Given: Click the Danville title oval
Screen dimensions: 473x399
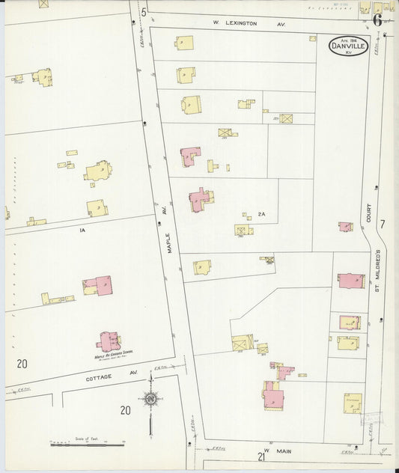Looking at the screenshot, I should (348, 46).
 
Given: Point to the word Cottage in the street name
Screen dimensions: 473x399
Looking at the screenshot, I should (99, 376).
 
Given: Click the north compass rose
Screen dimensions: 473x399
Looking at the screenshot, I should (150, 401).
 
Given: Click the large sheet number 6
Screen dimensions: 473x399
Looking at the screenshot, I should (378, 20).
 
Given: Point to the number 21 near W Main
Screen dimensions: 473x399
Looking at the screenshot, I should (261, 457).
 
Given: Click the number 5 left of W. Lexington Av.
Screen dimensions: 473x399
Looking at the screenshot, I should (143, 12).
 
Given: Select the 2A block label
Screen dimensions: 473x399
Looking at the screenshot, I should (261, 214).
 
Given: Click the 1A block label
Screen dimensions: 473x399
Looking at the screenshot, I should (82, 231).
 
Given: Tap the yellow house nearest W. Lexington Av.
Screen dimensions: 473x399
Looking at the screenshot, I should (184, 44).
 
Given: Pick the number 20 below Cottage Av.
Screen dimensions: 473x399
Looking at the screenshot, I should (125, 409).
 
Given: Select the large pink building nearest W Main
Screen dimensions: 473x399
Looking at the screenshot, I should (272, 396).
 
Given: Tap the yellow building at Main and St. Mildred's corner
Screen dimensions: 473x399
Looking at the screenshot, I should (353, 403).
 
